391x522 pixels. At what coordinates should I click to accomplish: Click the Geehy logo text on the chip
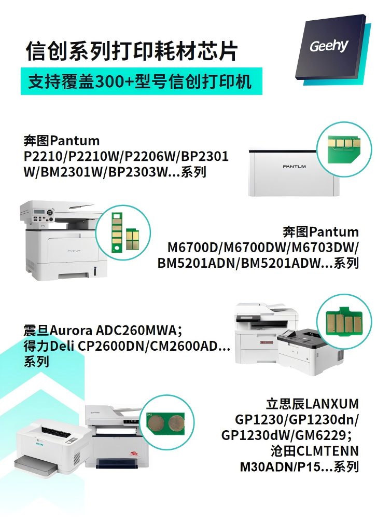point(329,46)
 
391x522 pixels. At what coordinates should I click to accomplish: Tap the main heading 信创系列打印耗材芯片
point(132,51)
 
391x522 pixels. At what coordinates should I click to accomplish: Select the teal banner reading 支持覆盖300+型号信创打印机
point(142,81)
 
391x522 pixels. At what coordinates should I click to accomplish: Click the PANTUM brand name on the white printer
point(294,167)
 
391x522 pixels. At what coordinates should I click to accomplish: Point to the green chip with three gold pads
point(344,148)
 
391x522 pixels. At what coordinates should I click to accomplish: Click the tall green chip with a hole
point(117,232)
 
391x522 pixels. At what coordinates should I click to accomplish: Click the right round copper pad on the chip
point(176,424)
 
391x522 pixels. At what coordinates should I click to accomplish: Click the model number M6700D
point(192,248)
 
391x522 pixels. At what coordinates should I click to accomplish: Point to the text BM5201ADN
point(197,263)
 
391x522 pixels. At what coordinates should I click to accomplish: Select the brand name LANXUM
point(331,404)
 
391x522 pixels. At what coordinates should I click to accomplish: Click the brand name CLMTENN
point(327,451)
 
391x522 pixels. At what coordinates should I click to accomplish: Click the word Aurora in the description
point(71,331)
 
